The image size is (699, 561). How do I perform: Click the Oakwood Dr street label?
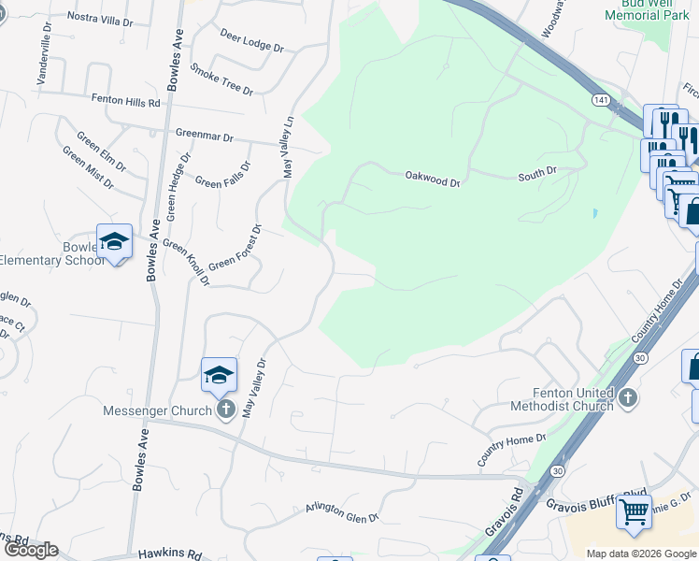click(x=433, y=177)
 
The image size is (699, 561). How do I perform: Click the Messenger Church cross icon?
click(x=225, y=410)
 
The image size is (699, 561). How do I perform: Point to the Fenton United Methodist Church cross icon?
click(x=628, y=398)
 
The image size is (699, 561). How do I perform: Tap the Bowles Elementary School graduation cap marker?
click(x=114, y=241)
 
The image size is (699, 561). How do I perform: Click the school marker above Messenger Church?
click(x=219, y=375)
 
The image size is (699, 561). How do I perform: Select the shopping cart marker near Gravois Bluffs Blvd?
click(x=634, y=511)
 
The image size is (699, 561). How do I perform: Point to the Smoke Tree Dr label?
click(x=221, y=79)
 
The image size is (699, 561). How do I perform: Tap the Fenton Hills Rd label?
click(x=125, y=98)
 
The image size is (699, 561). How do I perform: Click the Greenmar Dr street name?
click(x=205, y=137)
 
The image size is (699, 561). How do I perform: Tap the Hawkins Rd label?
click(x=170, y=554)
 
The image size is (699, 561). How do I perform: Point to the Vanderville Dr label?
click(x=43, y=52)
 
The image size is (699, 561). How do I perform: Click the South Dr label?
click(x=537, y=173)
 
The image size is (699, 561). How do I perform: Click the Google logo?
click(x=31, y=549)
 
